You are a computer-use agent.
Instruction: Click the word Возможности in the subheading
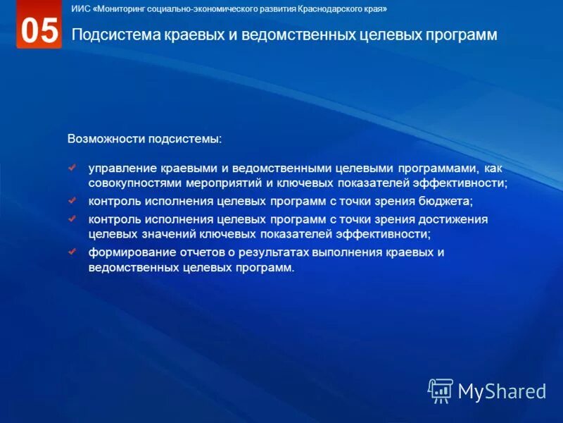click(x=106, y=138)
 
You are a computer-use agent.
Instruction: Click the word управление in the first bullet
click(x=122, y=169)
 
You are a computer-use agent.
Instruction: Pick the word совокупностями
click(x=135, y=183)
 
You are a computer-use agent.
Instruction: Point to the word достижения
click(x=455, y=219)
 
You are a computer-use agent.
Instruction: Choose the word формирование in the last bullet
click(x=130, y=252)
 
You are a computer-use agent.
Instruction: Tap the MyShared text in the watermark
click(x=502, y=391)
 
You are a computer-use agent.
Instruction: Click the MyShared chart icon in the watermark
click(x=441, y=391)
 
